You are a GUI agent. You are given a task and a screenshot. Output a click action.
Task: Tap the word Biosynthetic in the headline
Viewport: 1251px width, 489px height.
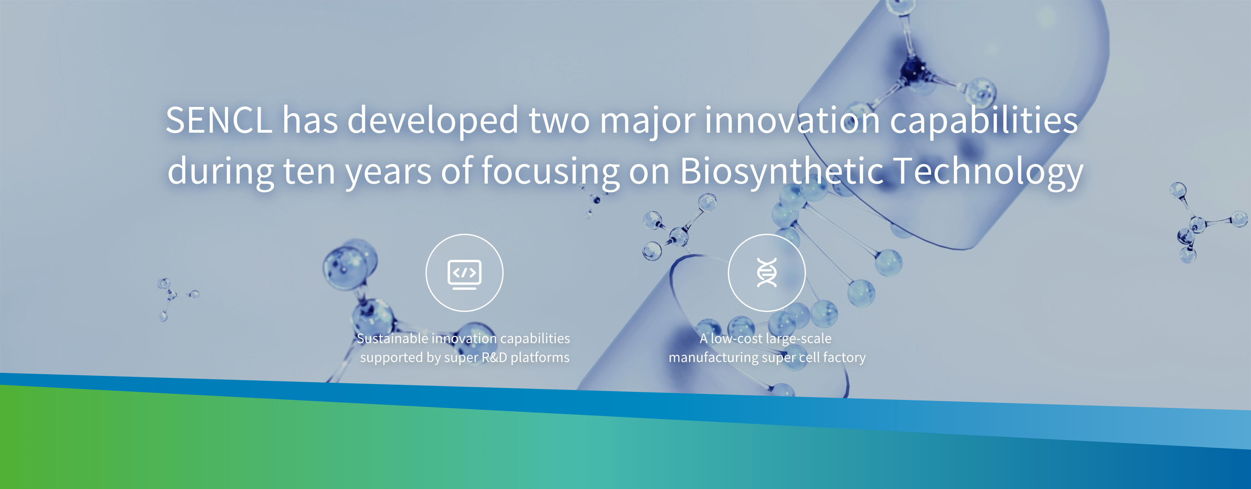click(x=782, y=171)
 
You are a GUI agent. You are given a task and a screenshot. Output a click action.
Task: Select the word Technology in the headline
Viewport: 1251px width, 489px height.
click(x=989, y=171)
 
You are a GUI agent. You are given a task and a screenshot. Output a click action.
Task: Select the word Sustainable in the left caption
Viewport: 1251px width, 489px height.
click(x=392, y=338)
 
